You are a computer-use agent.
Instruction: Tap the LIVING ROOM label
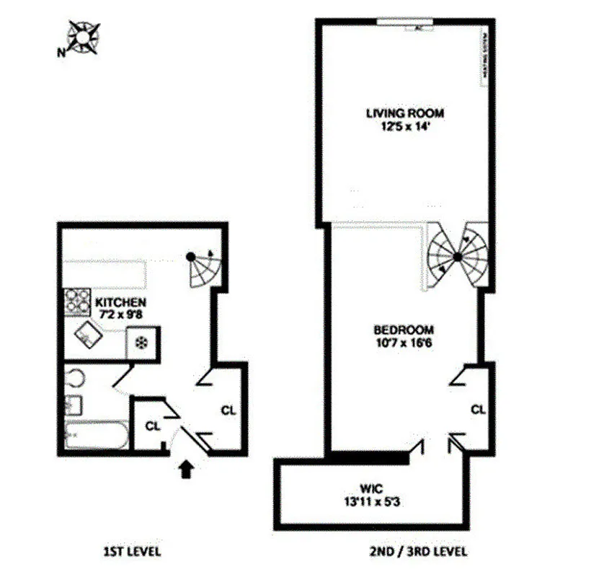click(x=404, y=113)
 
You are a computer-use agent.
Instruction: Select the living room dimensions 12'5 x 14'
click(x=404, y=125)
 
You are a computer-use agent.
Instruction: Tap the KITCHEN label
click(x=120, y=301)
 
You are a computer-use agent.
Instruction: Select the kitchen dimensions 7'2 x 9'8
click(x=120, y=314)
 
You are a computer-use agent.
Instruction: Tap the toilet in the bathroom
click(x=74, y=378)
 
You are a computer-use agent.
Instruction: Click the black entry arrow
click(x=186, y=470)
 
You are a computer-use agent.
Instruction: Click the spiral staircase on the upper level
click(x=457, y=256)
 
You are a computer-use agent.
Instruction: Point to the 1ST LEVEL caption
click(x=132, y=552)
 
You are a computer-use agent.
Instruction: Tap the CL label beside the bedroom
click(x=479, y=409)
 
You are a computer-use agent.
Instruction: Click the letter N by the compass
click(x=61, y=51)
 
